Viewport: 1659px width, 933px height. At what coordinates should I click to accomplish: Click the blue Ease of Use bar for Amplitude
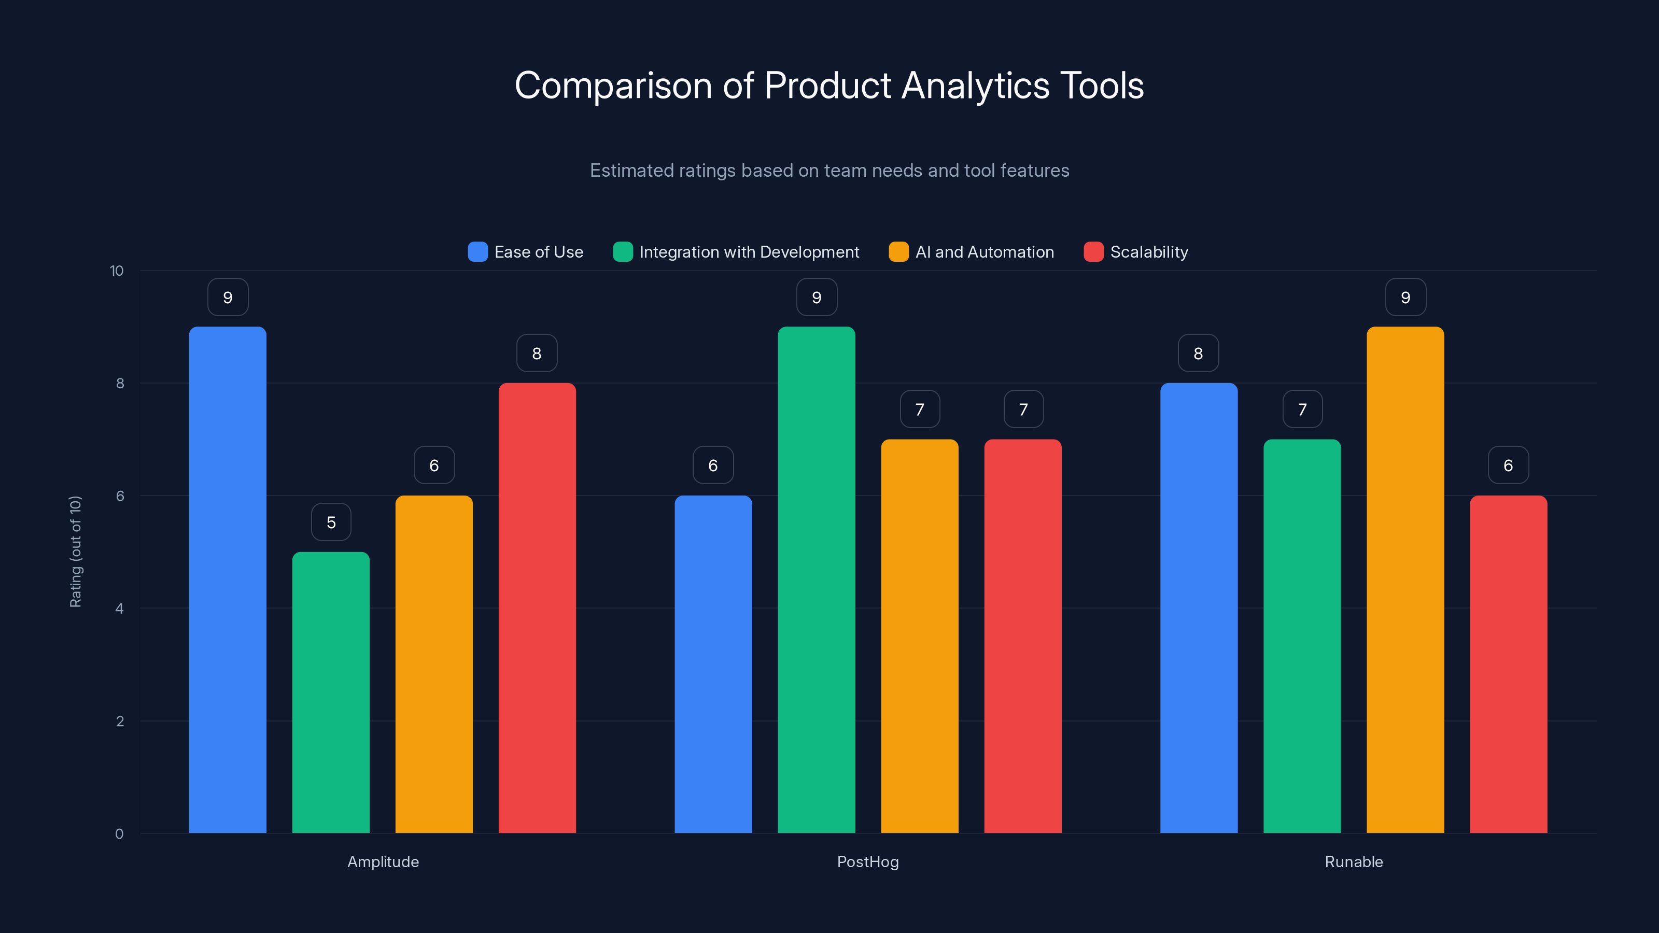228,579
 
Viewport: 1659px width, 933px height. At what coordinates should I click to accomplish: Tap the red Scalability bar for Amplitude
537,608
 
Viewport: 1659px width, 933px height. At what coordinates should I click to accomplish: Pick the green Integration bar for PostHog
816,579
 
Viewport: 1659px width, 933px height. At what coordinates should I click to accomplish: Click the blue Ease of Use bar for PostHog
713,664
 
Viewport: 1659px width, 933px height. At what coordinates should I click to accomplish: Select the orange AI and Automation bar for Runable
1405,579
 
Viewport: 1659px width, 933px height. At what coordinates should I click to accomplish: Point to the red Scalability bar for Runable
1508,664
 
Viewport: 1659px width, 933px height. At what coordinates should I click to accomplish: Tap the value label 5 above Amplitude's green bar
331,522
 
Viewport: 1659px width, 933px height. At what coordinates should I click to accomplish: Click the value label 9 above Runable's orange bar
1405,298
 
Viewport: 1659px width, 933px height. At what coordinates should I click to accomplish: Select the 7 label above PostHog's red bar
1023,409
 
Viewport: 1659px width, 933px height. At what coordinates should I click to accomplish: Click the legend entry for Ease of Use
526,252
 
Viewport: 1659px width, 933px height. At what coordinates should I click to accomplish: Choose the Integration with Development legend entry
736,252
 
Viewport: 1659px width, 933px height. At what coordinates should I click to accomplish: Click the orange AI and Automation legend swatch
898,252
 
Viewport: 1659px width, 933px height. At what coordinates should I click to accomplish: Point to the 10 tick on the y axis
117,271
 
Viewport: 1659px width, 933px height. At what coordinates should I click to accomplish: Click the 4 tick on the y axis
119,609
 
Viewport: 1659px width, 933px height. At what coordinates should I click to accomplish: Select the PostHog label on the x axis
867,861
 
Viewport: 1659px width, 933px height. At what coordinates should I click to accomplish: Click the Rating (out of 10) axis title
75,552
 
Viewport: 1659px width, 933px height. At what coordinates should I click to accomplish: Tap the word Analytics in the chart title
975,86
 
